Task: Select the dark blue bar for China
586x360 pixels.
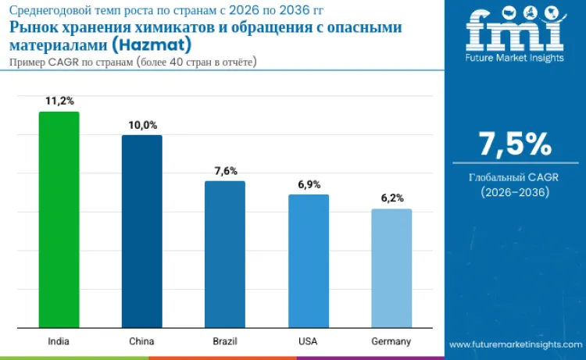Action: click(x=141, y=231)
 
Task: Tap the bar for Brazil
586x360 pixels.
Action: click(x=225, y=254)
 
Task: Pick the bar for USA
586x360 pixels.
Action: click(x=308, y=261)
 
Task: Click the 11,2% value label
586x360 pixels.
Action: click(x=59, y=101)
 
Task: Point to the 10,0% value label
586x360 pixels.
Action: click(x=142, y=125)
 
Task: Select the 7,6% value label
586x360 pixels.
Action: click(x=225, y=170)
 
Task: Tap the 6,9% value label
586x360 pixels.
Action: click(x=308, y=184)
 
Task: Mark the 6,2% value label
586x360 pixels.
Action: click(x=391, y=198)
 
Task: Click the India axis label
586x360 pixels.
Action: click(x=59, y=341)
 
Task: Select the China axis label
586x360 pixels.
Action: click(x=141, y=341)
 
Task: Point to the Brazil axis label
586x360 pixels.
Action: click(x=225, y=341)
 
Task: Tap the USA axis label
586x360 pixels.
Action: click(x=308, y=341)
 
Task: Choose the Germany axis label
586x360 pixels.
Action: click(x=391, y=341)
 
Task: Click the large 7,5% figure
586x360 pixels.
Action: click(x=515, y=145)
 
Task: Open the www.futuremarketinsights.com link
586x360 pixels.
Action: click(x=515, y=344)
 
